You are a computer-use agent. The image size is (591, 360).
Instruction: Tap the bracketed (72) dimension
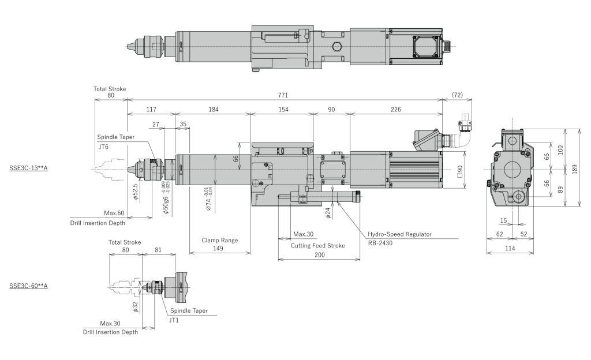[x=457, y=95]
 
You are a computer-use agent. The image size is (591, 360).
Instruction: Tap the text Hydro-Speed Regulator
[x=399, y=234]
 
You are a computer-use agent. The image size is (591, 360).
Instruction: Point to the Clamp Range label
[x=219, y=240]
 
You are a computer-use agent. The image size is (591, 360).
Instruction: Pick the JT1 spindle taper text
[x=174, y=320]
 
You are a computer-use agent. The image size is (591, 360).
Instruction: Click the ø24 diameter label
[x=327, y=213]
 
